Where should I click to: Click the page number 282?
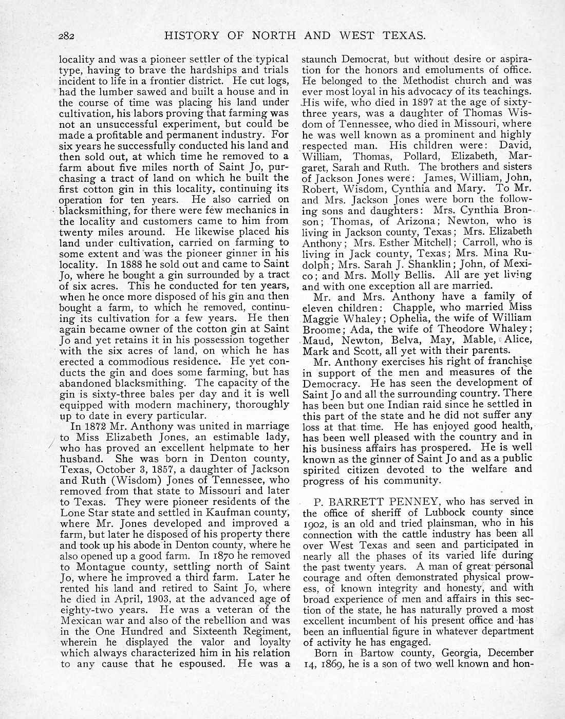click(67, 36)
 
